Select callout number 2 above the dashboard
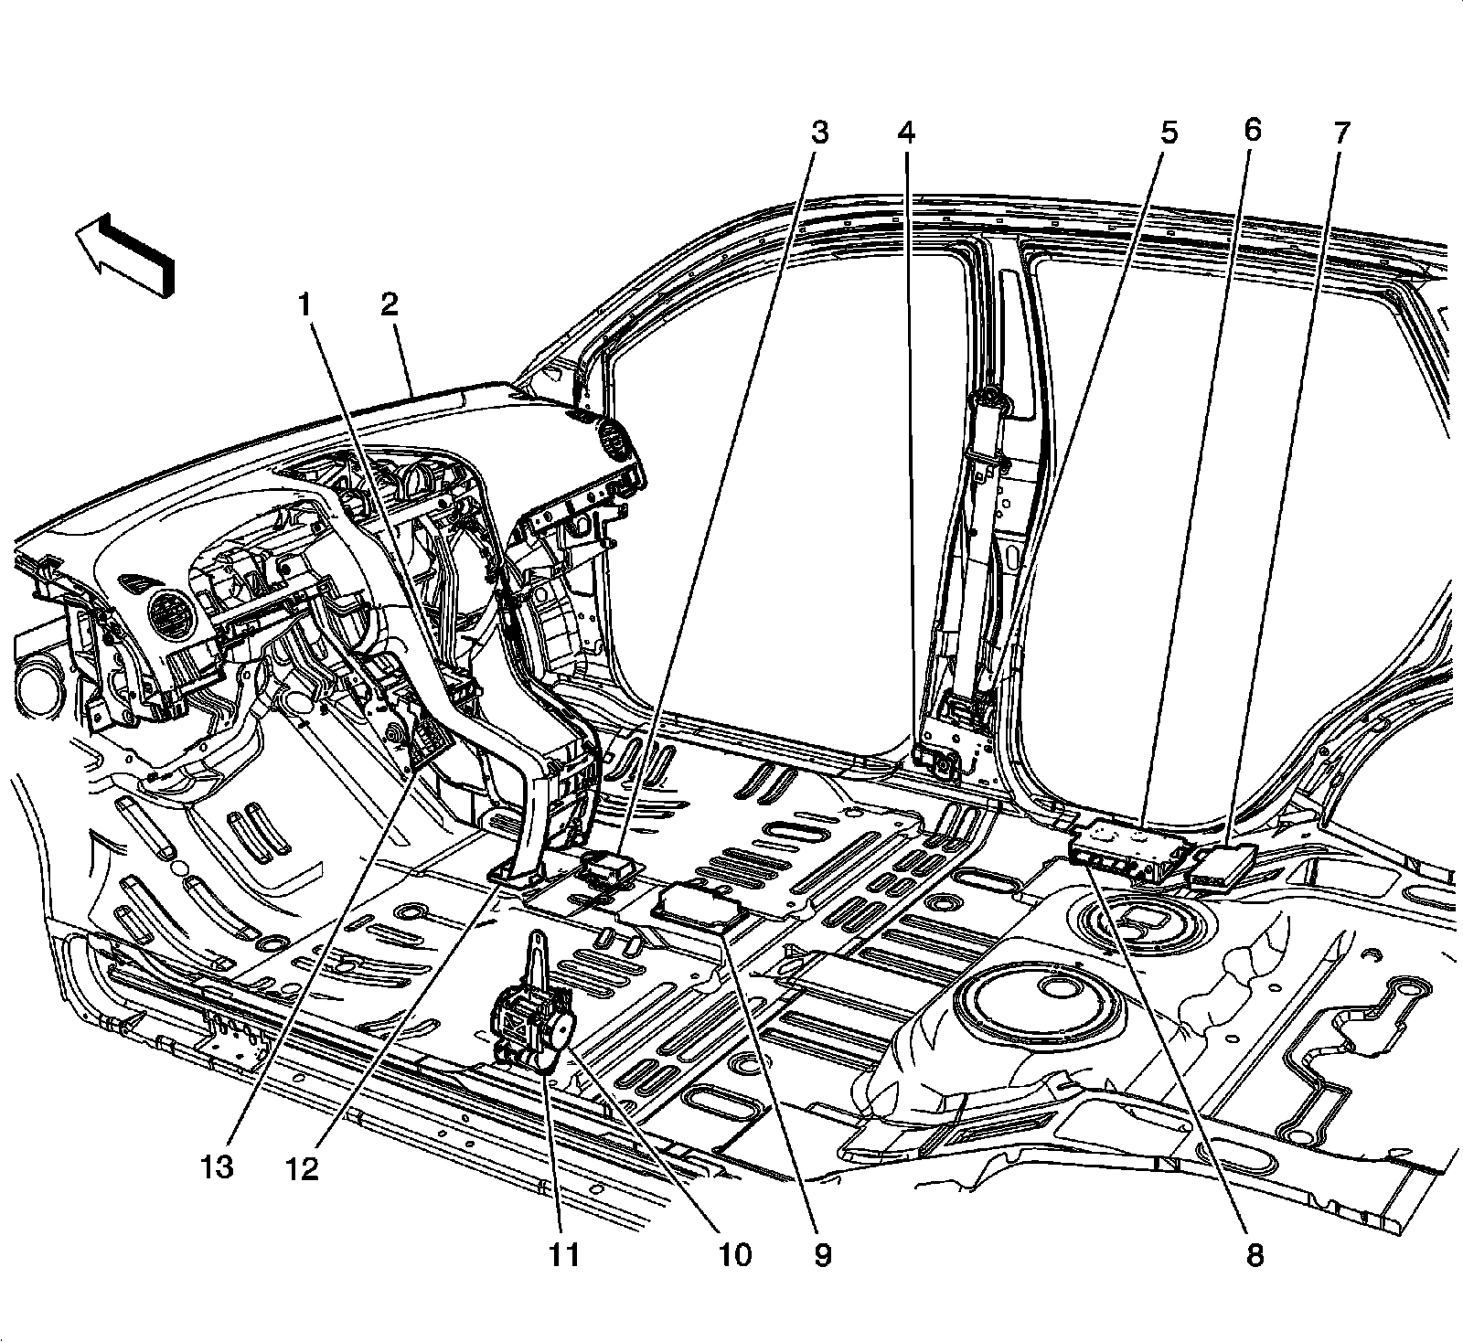click(x=390, y=305)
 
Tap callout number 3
click(x=819, y=133)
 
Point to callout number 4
click(x=904, y=133)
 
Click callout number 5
click(x=1169, y=133)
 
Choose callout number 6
click(x=1253, y=130)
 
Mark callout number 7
click(x=1340, y=133)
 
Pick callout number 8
click(x=1254, y=1255)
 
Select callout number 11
click(x=565, y=1255)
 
